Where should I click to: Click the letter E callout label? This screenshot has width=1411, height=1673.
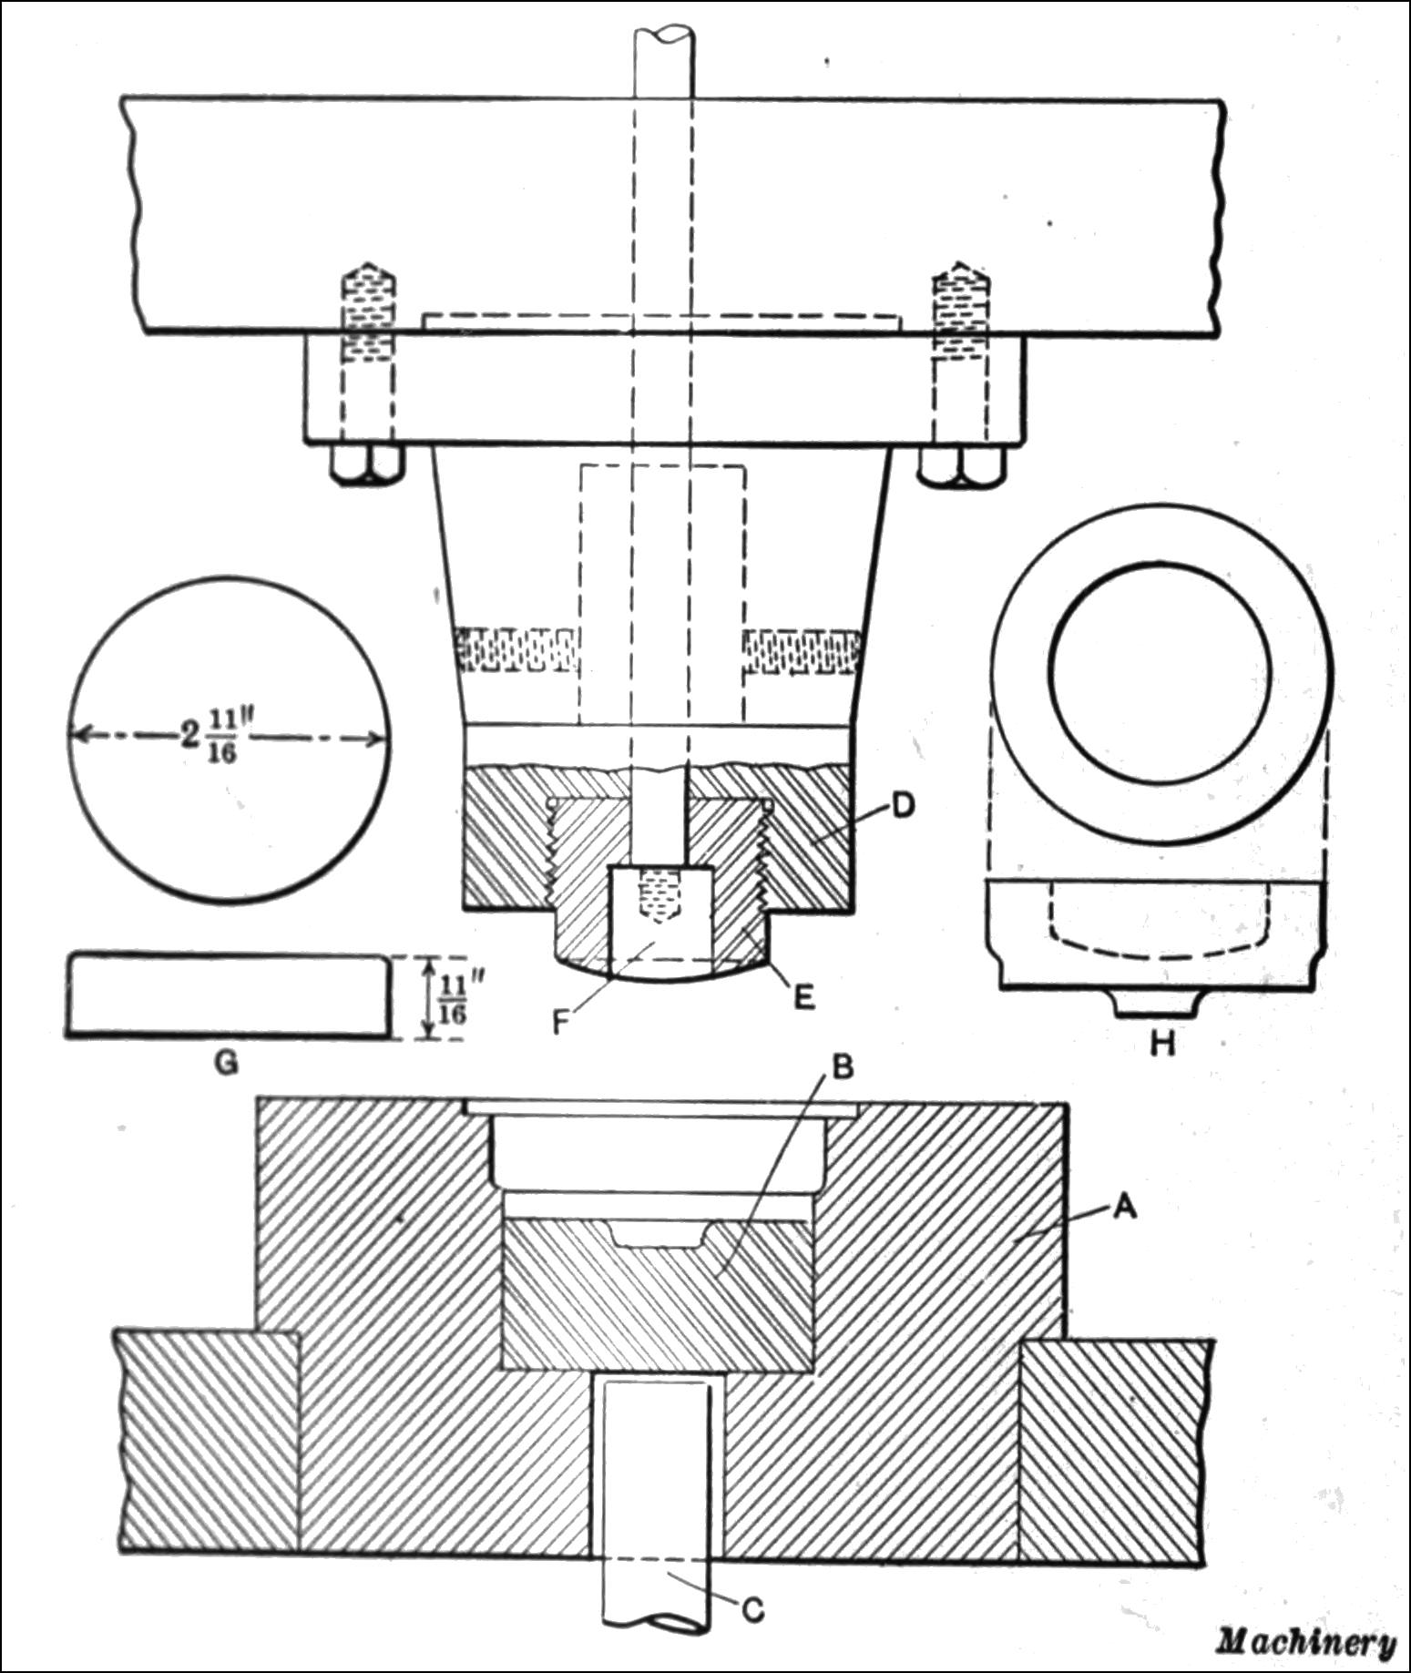tap(803, 998)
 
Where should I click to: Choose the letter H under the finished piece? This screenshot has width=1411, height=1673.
tap(1161, 1044)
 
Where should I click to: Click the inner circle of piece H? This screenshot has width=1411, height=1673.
tap(1161, 669)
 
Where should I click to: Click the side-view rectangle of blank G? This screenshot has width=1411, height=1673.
tap(228, 994)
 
